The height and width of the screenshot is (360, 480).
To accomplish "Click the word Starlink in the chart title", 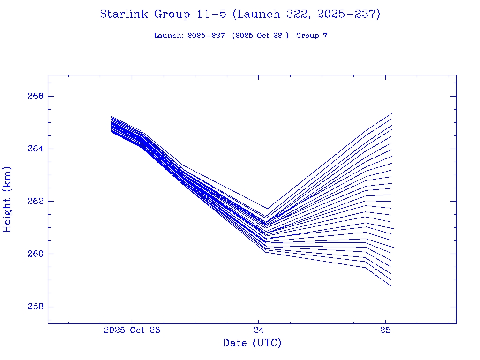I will (x=124, y=15).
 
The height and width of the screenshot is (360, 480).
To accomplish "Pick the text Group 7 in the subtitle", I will (x=312, y=36).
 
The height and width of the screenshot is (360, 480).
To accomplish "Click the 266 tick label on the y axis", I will (x=36, y=96).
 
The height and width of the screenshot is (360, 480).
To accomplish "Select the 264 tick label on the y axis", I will (x=36, y=149).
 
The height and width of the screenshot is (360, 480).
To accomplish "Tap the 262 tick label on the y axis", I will (x=36, y=201).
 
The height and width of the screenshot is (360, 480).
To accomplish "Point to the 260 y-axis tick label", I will (x=36, y=254).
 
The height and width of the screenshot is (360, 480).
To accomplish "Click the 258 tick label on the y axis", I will (x=36, y=307).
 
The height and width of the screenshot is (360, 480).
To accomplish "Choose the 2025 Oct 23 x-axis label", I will (x=132, y=330).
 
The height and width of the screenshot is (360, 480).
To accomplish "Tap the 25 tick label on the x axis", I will (x=385, y=330).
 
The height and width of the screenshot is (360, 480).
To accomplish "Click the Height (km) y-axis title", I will (x=7, y=199).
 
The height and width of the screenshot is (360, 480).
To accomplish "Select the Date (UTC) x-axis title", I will (x=252, y=344).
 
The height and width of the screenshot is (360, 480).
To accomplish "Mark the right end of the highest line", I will (x=391, y=113).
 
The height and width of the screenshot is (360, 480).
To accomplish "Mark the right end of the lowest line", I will (x=390, y=285).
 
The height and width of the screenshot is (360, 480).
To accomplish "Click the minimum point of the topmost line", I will (x=267, y=209).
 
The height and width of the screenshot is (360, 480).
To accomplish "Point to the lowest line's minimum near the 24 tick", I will (x=266, y=252).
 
